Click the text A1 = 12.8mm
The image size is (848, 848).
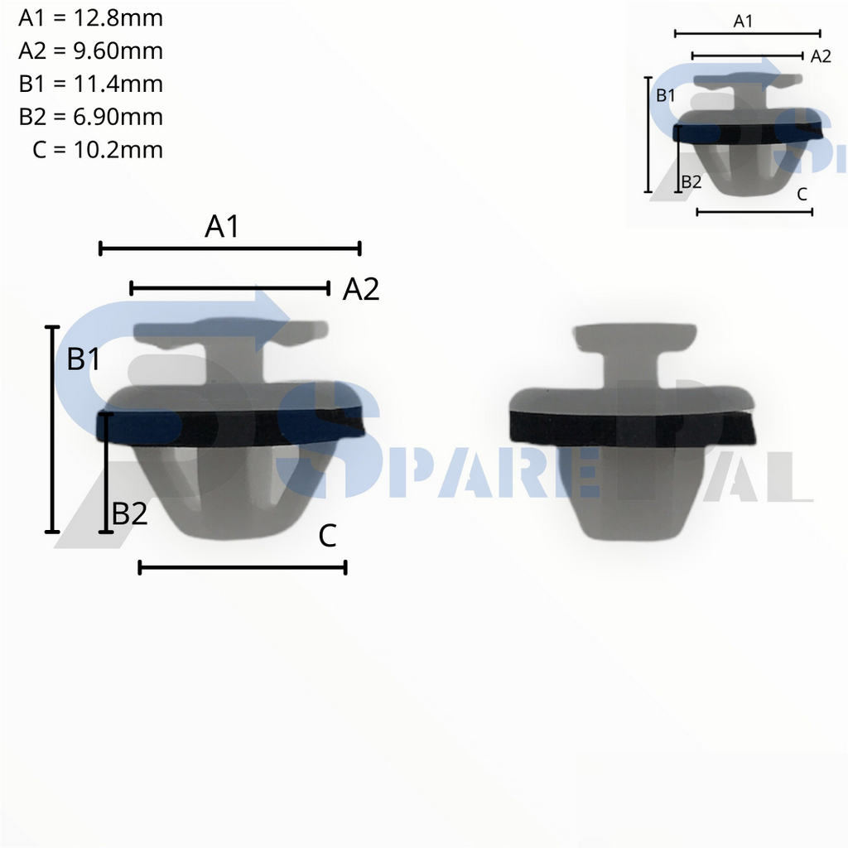(x=90, y=17)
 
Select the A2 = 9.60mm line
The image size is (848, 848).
(x=90, y=51)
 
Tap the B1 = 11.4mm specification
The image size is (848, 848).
(x=90, y=84)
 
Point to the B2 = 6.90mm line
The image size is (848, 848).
(x=90, y=117)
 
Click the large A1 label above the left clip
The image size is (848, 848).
(x=222, y=226)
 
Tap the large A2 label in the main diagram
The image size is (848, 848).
(x=361, y=289)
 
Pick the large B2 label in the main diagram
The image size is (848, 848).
(x=130, y=514)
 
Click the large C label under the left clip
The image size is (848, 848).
(x=327, y=537)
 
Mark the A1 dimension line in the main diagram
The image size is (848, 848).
(x=230, y=248)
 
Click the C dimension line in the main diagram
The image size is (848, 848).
(x=242, y=567)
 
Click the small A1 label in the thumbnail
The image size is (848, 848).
(x=744, y=22)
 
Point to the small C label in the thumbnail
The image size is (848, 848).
(x=801, y=195)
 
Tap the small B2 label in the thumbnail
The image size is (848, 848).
(x=691, y=181)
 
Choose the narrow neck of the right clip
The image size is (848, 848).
(x=629, y=369)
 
